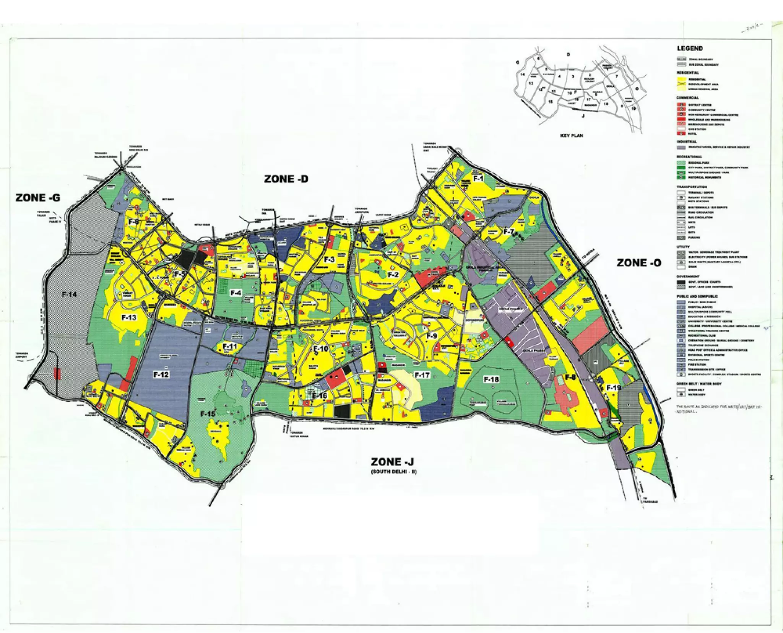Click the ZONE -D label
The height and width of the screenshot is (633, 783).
click(286, 179)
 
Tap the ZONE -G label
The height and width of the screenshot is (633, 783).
click(38, 197)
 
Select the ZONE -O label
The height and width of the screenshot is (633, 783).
click(639, 263)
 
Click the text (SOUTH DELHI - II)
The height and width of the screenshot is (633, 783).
click(394, 472)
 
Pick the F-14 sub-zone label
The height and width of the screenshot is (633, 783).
click(69, 295)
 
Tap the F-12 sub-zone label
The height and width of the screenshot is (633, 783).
click(161, 375)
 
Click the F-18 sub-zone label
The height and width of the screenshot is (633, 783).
click(491, 379)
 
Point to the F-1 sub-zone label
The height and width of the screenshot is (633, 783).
click(478, 178)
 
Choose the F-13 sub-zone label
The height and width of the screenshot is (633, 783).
click(129, 317)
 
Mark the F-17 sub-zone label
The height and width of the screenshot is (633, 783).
click(422, 375)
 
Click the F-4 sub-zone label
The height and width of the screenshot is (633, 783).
click(236, 293)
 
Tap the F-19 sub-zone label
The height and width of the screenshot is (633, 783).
click(614, 388)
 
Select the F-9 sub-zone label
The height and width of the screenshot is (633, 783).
click(431, 336)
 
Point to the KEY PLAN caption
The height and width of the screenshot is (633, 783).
click(572, 135)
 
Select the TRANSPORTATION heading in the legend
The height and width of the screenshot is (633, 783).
click(692, 187)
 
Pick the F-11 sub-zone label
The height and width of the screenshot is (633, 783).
click(230, 347)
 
